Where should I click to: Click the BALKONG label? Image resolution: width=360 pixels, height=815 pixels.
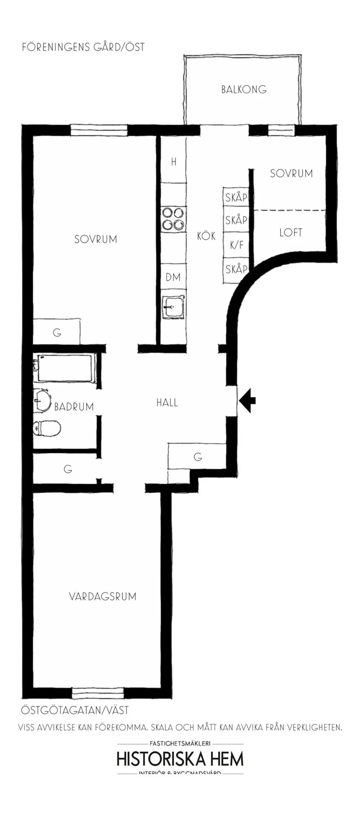[x=244, y=89]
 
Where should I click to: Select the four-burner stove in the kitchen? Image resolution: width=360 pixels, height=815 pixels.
[x=173, y=219]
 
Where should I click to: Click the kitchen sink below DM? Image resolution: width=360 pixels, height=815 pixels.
[x=173, y=307]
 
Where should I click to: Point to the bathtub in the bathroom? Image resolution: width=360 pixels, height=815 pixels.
[x=65, y=368]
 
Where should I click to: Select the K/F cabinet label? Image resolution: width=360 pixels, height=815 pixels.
[x=237, y=245]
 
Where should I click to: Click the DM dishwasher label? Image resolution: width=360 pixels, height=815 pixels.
[x=173, y=277]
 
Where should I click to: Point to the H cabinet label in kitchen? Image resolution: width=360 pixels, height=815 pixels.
[x=174, y=162]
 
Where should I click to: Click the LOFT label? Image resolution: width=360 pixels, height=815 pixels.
[x=291, y=232]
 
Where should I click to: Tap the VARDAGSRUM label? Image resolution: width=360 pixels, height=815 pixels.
[x=103, y=597]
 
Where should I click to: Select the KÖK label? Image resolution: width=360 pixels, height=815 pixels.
[x=206, y=236]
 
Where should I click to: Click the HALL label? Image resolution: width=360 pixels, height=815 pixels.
[x=167, y=403]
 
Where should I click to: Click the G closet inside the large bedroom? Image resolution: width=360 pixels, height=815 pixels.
[x=57, y=332]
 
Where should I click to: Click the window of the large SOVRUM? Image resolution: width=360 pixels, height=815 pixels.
[x=99, y=130]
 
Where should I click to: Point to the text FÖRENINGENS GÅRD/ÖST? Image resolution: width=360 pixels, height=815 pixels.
[x=83, y=47]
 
